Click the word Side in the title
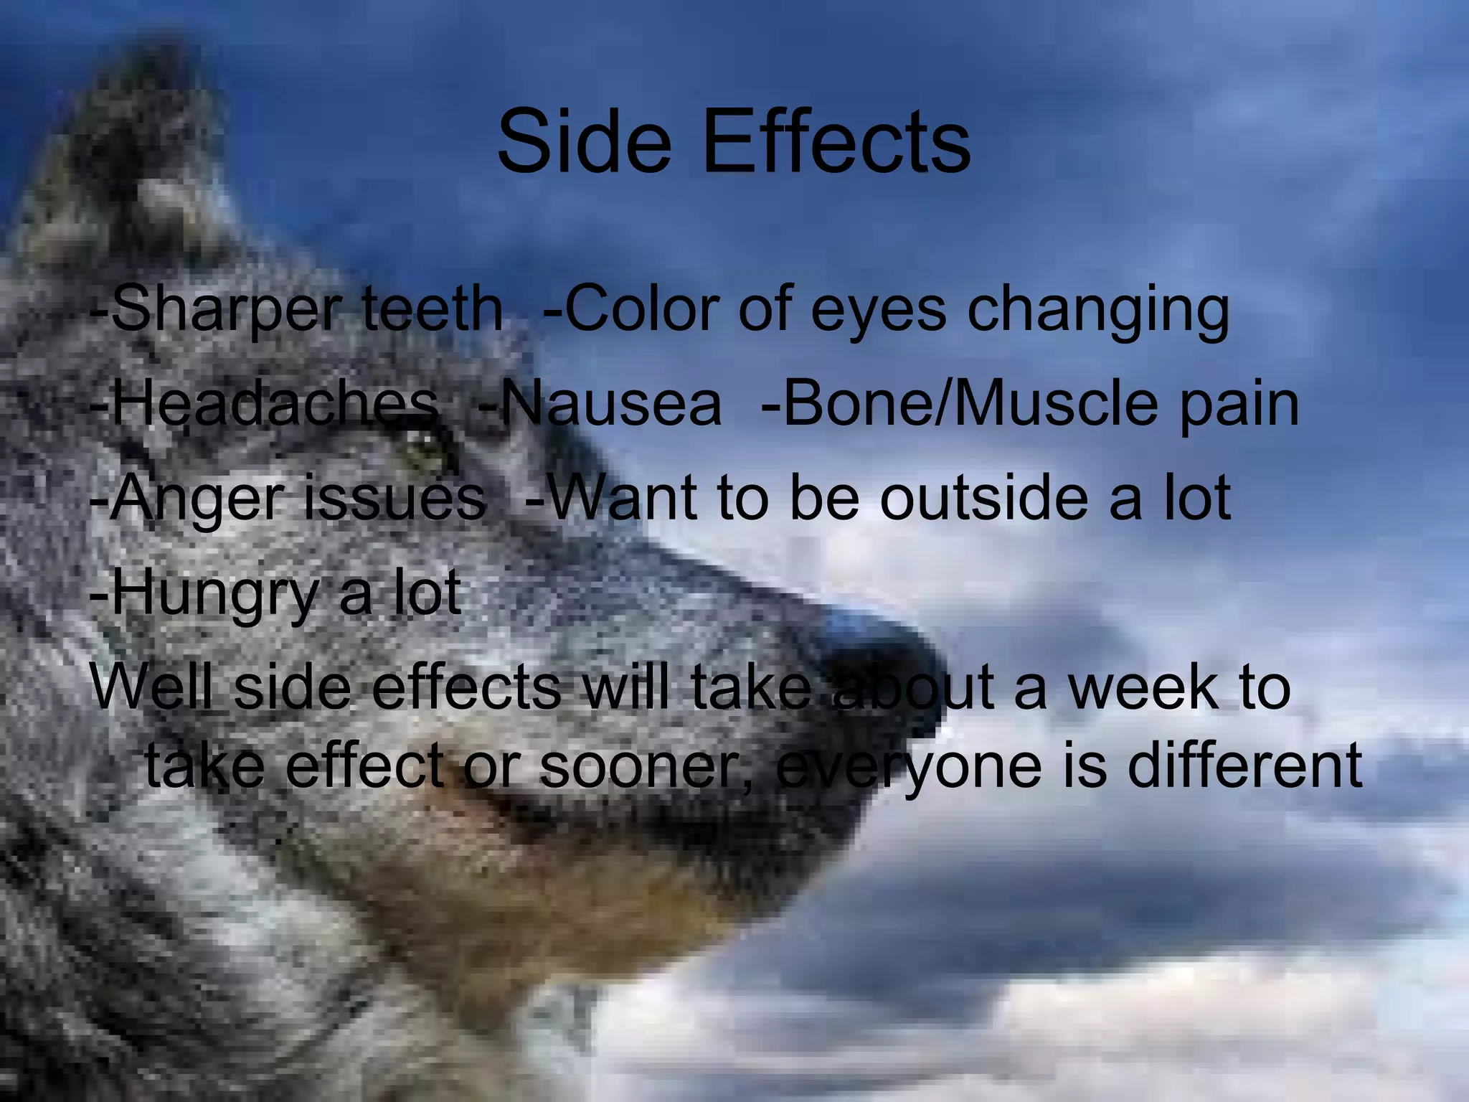[585, 141]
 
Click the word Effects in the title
[837, 141]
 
